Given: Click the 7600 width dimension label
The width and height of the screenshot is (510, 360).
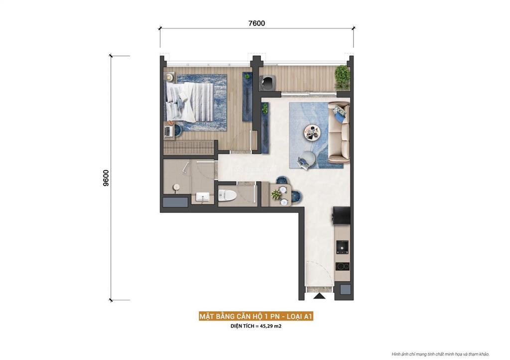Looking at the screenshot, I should point(256,23).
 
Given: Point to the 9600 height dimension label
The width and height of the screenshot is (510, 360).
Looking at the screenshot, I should point(106,178).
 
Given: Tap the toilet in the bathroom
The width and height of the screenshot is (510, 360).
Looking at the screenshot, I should point(227,195).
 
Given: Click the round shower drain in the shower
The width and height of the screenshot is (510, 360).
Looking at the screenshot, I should point(175,187).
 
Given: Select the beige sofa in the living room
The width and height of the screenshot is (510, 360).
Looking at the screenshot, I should point(339,133).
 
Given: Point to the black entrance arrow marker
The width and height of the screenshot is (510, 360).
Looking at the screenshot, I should point(319,295).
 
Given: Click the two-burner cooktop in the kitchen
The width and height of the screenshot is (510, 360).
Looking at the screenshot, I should point(343,266).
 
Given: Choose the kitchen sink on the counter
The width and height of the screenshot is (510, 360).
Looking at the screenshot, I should point(343,246).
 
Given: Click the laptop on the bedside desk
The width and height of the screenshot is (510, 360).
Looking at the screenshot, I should point(169,131).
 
